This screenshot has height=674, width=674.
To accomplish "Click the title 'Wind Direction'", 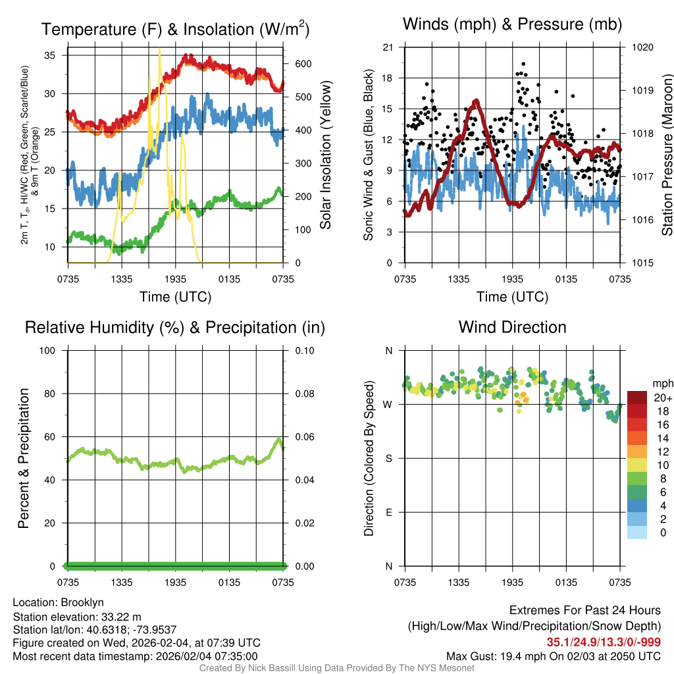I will click(x=512, y=327).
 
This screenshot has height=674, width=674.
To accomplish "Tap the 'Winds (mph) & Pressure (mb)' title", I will click(x=512, y=25).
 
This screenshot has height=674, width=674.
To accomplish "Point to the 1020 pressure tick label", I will click(x=642, y=47).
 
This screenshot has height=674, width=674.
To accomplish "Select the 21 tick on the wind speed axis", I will click(x=388, y=47).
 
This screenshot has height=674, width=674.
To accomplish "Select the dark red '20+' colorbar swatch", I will click(x=637, y=398).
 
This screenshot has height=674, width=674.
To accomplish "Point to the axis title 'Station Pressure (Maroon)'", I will click(x=667, y=155).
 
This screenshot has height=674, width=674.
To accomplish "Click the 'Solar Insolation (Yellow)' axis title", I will click(x=325, y=155).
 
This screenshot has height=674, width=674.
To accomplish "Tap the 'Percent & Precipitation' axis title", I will click(x=23, y=458).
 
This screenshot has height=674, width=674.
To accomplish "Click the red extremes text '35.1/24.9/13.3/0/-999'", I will click(x=604, y=642).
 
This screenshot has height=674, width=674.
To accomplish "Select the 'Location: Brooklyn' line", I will click(x=58, y=602).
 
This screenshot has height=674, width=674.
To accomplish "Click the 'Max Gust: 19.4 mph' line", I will click(x=553, y=656).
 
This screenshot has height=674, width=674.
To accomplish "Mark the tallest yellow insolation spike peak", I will click(x=159, y=49).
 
